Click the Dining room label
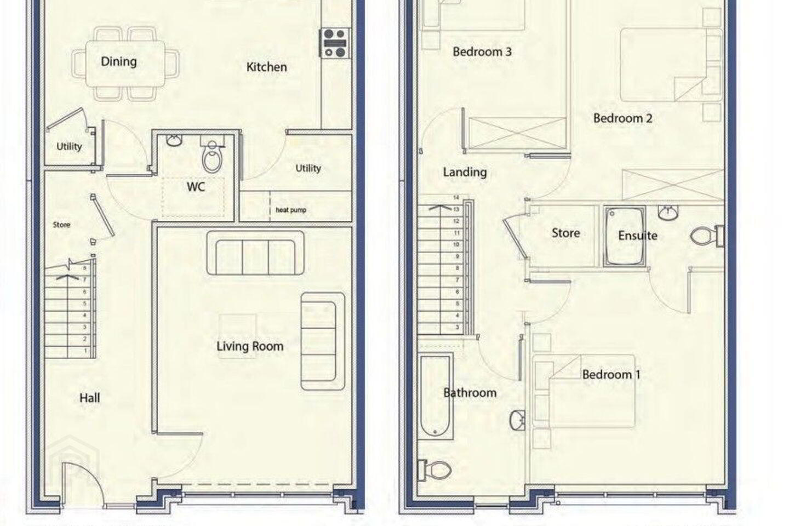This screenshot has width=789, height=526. click(x=119, y=62)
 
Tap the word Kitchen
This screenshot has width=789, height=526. click(x=267, y=67)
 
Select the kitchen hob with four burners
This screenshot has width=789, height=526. click(x=335, y=43)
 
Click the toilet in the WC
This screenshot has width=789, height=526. click(x=212, y=155)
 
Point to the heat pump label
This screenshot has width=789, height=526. click(x=291, y=210)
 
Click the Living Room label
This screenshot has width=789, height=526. click(x=250, y=346)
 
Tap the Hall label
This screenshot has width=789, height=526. click(x=89, y=398)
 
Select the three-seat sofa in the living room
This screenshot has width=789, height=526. click(x=255, y=253)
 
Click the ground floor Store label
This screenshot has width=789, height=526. click(x=61, y=225)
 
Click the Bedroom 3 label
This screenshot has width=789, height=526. click(x=482, y=52)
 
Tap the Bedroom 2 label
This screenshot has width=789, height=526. click(x=623, y=118)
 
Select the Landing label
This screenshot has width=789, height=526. click(x=465, y=172)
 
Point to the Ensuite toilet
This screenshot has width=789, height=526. click(x=706, y=236)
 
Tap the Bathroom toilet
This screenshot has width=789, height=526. click(x=434, y=470)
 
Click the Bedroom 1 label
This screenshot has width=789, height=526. click(x=611, y=375)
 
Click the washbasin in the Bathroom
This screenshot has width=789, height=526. click(x=517, y=420)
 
